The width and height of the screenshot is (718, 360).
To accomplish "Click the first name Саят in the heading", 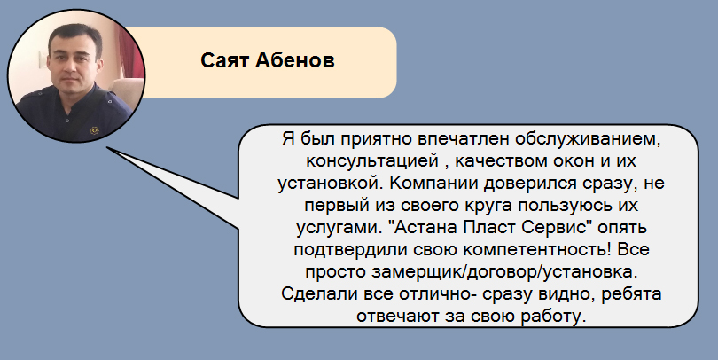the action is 225,60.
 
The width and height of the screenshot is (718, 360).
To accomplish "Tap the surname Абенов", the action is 295,60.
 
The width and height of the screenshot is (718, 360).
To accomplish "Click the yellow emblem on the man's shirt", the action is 94,130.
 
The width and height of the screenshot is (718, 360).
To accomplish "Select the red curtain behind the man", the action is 132,51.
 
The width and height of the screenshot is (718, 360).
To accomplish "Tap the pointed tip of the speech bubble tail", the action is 107,147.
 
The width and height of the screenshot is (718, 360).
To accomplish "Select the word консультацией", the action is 372,161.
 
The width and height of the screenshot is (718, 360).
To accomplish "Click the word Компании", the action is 435,184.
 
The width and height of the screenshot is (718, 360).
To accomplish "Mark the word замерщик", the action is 418,272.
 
